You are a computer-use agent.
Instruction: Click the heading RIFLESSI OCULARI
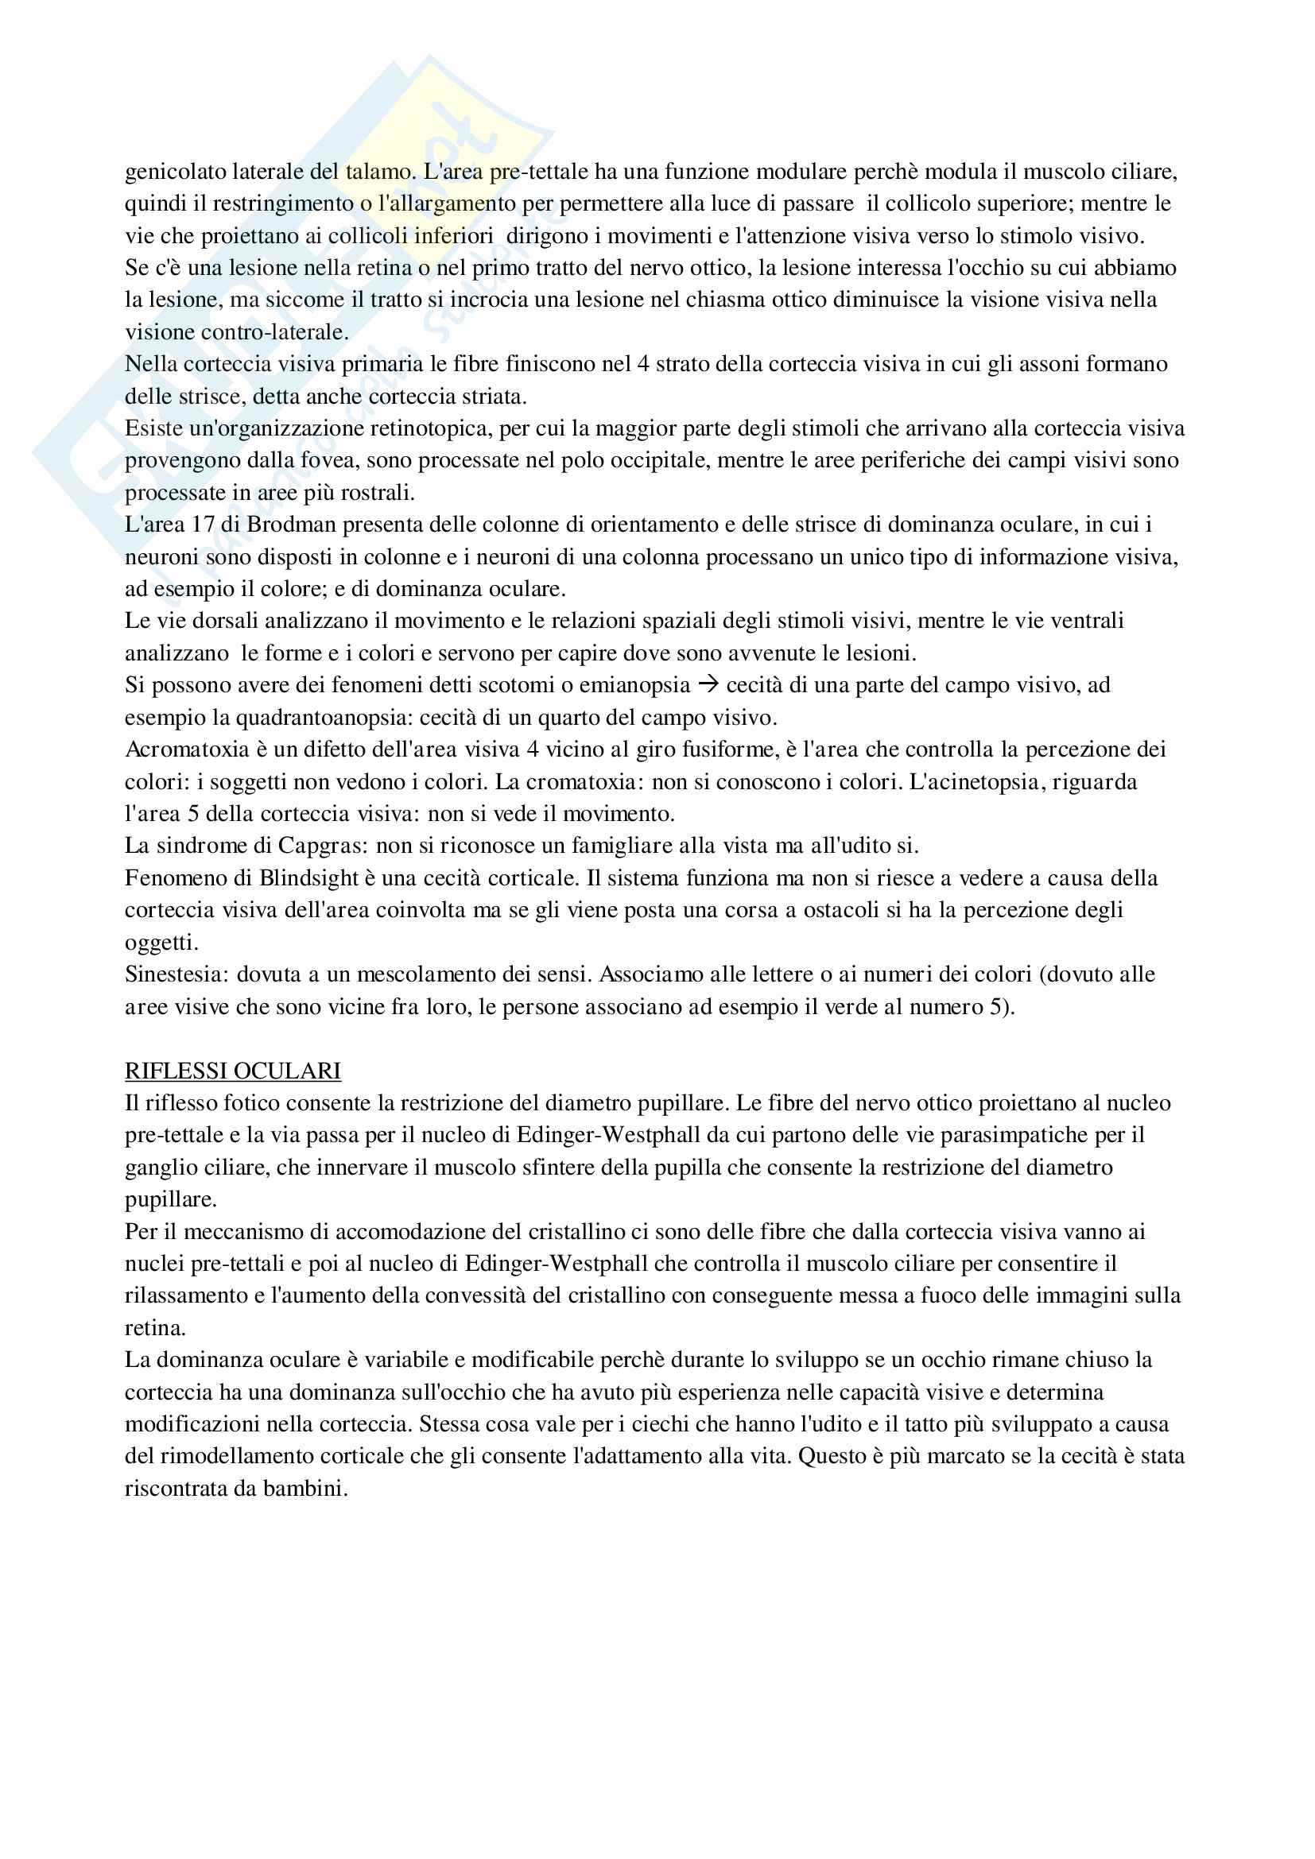coord(232,1071)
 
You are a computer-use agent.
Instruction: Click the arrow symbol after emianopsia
coord(708,685)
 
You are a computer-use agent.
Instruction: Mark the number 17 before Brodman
coord(204,525)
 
